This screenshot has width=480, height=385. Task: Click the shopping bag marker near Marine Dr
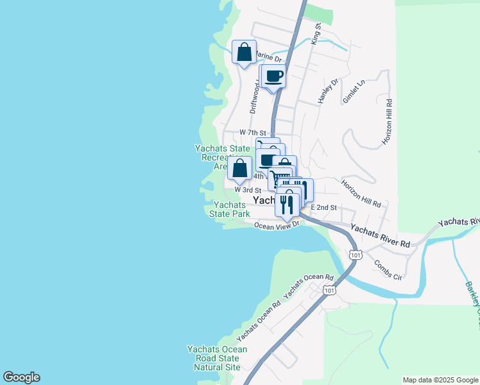click(244, 52)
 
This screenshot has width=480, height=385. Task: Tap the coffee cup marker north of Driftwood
click(274, 76)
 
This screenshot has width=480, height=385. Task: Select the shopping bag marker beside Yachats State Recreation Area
click(239, 169)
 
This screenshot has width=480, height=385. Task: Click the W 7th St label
click(252, 132)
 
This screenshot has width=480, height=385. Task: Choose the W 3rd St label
click(248, 190)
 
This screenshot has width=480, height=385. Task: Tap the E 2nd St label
click(323, 207)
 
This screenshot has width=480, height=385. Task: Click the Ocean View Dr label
click(277, 225)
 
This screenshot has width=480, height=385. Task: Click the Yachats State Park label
click(229, 209)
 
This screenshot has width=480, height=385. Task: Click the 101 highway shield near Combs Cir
click(356, 255)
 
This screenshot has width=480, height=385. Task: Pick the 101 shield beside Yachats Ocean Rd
click(329, 291)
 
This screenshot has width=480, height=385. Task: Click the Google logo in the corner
click(21, 377)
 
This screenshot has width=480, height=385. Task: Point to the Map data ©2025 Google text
click(440, 380)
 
